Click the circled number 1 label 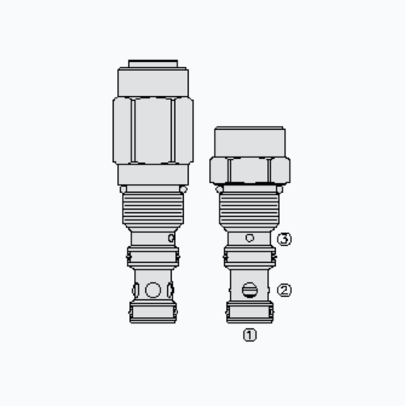tap(250, 335)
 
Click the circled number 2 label tap(284, 290)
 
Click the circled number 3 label tap(284, 239)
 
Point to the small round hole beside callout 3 tap(250, 238)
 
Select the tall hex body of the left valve tap(152, 129)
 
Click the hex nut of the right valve tap(249, 170)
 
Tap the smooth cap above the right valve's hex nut tap(249, 141)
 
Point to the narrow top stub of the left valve tap(152, 63)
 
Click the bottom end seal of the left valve tap(152, 311)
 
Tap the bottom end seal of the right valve tap(249, 311)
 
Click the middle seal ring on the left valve tap(152, 257)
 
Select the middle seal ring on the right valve tap(249, 257)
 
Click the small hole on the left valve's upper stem tap(170, 239)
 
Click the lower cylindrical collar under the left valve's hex tap(152, 175)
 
